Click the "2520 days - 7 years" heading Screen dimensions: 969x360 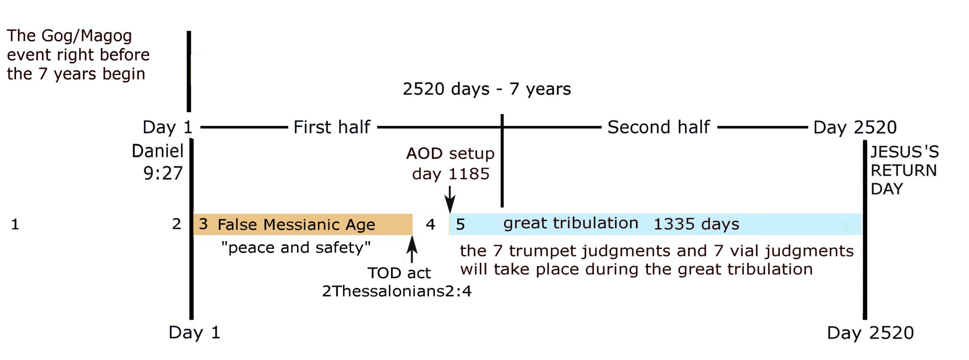(487, 89)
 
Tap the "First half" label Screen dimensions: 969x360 (332, 127)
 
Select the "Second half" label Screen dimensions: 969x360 (659, 127)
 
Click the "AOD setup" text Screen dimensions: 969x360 (450, 153)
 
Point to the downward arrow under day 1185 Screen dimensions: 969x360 (450, 199)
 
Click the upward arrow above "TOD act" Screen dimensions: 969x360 (412, 249)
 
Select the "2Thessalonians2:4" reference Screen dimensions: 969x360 (396, 291)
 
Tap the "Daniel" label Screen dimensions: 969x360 (158, 151)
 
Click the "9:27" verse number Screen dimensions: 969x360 (163, 174)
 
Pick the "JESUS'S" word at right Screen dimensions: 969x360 (905, 152)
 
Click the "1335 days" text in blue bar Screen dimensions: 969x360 (696, 224)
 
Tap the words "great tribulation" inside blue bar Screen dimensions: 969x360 (571, 223)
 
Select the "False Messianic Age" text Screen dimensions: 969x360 (296, 224)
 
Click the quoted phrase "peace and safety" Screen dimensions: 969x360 (296, 247)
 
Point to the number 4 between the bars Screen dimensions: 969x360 (430, 224)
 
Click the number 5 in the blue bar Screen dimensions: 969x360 (460, 224)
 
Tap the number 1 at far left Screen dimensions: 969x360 (15, 224)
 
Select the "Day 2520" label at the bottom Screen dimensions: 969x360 (870, 333)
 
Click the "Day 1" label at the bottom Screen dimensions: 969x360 (194, 333)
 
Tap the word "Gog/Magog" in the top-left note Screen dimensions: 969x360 (87, 36)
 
